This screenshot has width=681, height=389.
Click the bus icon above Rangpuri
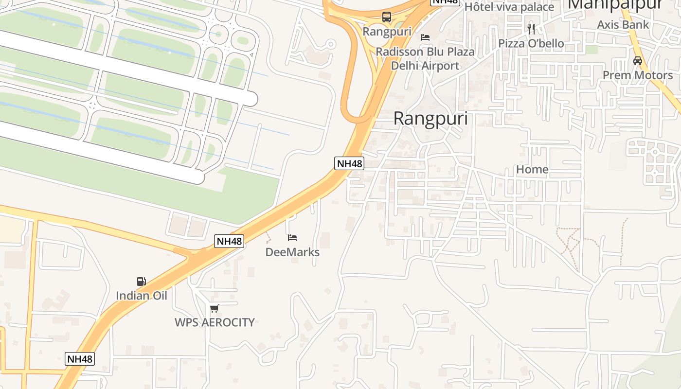(x=387, y=17)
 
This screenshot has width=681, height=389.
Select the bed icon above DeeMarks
(x=292, y=238)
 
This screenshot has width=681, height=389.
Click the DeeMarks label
(x=292, y=252)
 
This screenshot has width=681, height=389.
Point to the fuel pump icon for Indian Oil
(x=141, y=281)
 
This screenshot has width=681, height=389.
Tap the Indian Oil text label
(x=141, y=295)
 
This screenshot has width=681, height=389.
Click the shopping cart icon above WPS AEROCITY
(x=214, y=308)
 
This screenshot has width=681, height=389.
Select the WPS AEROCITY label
(x=215, y=322)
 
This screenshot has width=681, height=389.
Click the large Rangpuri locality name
(x=430, y=119)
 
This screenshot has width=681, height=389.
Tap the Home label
(x=532, y=169)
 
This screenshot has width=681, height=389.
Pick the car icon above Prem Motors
(x=637, y=61)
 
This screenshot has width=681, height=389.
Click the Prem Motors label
(x=637, y=75)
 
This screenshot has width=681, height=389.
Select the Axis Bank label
(x=623, y=24)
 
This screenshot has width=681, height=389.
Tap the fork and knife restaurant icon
(x=531, y=29)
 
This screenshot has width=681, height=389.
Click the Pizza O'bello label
(x=531, y=43)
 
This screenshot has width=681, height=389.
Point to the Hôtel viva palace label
(x=509, y=7)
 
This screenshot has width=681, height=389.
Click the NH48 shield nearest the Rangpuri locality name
(x=349, y=163)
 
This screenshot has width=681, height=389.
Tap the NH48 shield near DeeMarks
(x=229, y=241)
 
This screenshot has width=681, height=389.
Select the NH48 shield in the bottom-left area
(x=80, y=359)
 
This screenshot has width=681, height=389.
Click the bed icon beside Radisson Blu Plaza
(x=425, y=37)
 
